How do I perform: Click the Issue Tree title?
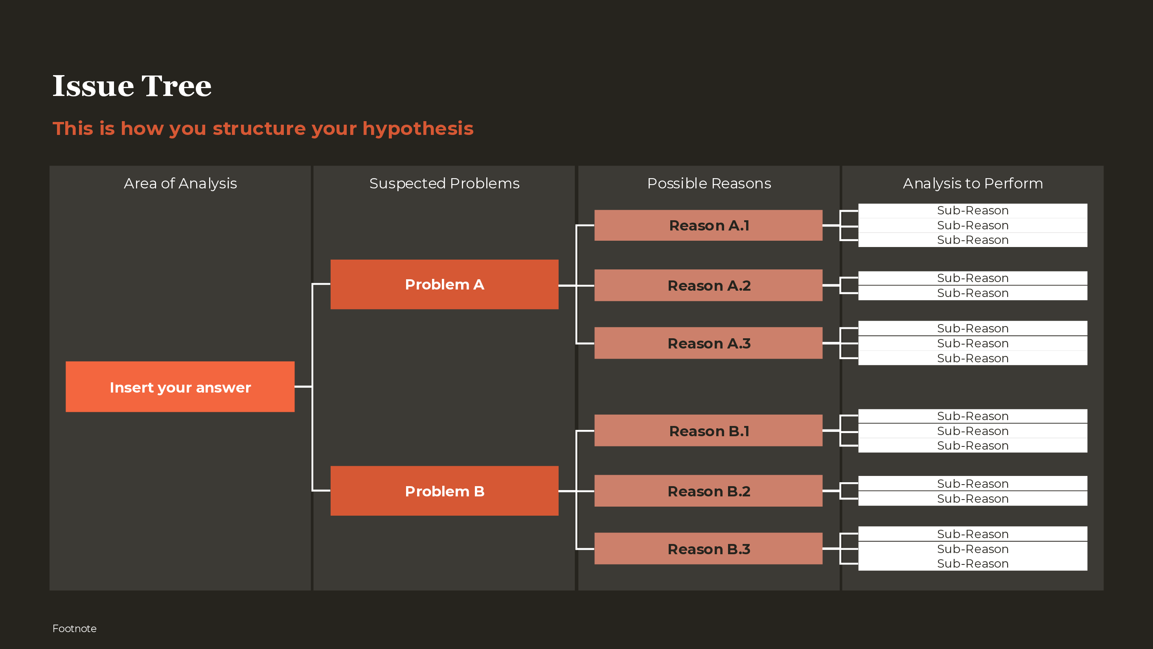132,86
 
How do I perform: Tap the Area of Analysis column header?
180,183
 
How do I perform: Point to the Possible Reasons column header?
709,183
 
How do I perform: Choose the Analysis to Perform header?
973,183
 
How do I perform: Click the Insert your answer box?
180,387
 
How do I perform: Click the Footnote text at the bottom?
74,629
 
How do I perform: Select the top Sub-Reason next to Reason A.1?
973,210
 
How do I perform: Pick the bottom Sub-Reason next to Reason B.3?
973,564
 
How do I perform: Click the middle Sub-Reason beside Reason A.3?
973,343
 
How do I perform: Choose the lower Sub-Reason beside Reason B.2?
973,498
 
